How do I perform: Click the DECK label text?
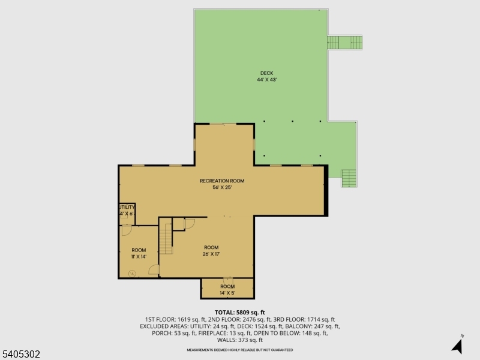click(266, 73)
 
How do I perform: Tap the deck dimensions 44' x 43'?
click(266, 79)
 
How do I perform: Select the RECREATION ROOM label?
click(222, 181)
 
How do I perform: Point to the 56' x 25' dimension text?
click(222, 187)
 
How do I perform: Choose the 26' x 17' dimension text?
click(211, 254)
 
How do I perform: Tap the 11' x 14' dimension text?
click(139, 257)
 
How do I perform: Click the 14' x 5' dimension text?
click(227, 293)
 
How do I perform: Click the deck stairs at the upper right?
click(344, 43)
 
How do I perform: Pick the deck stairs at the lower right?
click(349, 178)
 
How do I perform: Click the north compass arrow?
click(458, 345)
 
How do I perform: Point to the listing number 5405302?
click(21, 355)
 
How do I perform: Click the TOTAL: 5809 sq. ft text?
click(239, 313)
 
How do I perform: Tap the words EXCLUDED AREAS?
click(163, 326)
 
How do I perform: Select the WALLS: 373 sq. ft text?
click(240, 340)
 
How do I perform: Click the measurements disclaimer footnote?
click(240, 349)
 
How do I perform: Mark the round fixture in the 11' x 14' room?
click(132, 274)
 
